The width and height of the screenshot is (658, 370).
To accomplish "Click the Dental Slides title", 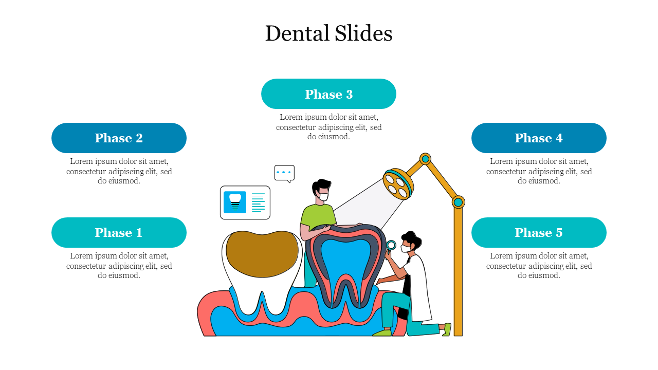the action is tap(328, 33).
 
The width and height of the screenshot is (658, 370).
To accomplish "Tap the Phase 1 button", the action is tap(119, 232).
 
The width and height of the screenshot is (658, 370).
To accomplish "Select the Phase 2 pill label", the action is tap(119, 138).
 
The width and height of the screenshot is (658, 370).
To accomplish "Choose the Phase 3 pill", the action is tap(328, 94).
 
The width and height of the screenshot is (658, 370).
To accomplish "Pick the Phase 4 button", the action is tap(539, 138).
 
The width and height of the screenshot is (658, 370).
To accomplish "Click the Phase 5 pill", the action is tap(539, 232).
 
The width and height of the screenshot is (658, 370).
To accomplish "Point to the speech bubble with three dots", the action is tap(284, 173).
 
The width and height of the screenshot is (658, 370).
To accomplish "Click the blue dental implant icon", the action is tap(235, 202).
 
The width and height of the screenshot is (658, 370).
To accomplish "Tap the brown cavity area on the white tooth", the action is tap(262, 254).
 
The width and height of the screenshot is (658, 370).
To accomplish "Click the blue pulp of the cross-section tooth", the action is tap(346, 264).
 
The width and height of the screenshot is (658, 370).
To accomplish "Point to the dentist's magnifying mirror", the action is tap(391, 246).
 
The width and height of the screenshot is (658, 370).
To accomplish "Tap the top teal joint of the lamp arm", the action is tap(425, 159).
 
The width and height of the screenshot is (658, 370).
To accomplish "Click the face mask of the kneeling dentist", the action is tap(406, 248).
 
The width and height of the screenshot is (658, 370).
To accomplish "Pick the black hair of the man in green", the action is tap(322, 186).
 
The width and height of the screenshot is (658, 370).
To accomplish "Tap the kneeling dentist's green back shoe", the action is tap(447, 329).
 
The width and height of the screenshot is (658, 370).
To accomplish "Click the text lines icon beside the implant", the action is tap(258, 202).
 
